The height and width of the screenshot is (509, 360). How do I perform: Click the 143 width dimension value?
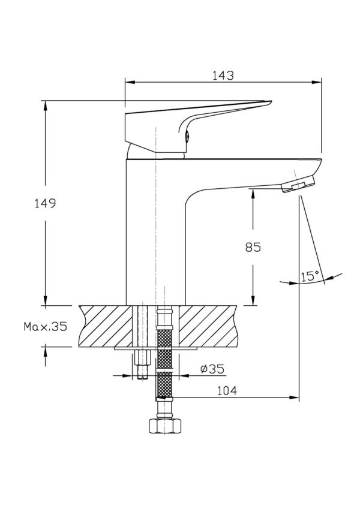(223, 76)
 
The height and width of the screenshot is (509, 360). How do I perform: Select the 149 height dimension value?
(45, 203)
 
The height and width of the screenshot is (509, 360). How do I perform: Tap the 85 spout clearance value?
(253, 247)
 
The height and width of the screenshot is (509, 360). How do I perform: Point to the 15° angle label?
(310, 276)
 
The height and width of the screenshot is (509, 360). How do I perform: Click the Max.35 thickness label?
(45, 327)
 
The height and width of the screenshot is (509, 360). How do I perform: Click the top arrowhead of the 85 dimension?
(253, 192)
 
